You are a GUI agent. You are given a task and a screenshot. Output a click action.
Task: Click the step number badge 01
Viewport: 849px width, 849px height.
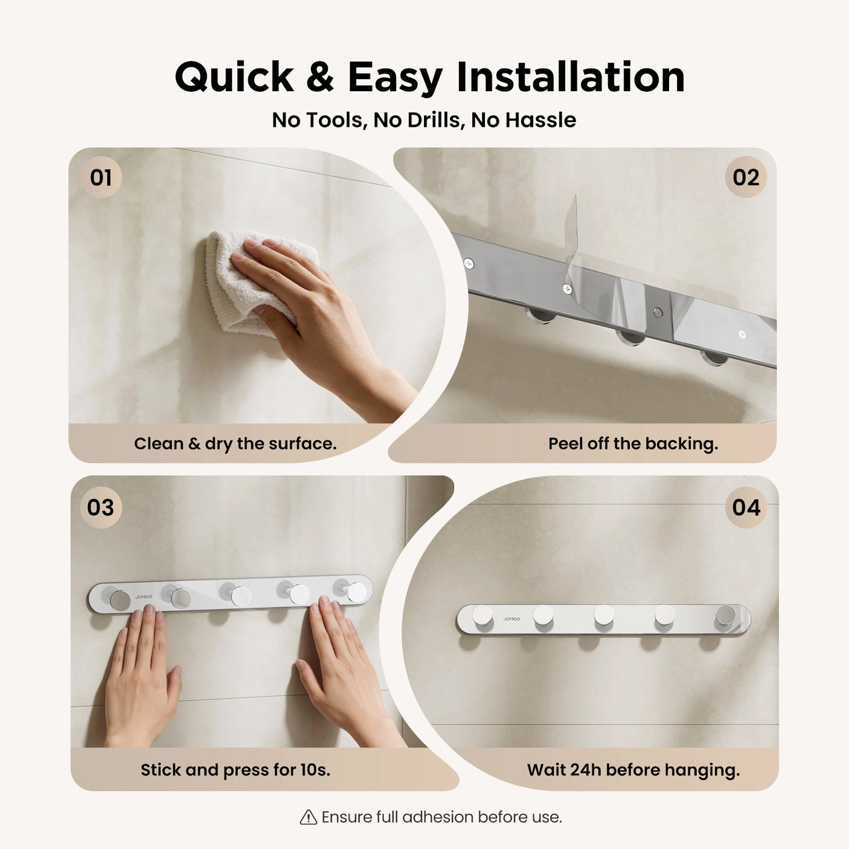pyautogui.click(x=101, y=178)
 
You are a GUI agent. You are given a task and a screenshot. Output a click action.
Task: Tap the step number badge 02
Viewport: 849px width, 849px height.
pyautogui.click(x=746, y=178)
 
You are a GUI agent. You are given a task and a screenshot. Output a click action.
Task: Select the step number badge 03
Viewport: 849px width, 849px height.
pyautogui.click(x=100, y=507)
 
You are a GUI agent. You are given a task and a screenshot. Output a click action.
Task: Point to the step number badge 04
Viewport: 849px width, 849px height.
pyautogui.click(x=746, y=507)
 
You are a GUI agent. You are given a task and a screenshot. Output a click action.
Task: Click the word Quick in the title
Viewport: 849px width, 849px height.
pyautogui.click(x=234, y=77)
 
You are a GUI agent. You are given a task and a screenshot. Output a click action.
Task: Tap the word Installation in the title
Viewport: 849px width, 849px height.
pyautogui.click(x=570, y=77)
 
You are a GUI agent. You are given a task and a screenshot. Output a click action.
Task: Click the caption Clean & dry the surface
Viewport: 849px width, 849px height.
pyautogui.click(x=235, y=444)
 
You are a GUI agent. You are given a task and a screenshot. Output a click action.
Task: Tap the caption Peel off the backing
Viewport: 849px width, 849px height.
pyautogui.click(x=633, y=444)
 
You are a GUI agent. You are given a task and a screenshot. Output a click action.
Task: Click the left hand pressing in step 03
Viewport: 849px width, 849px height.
pyautogui.click(x=142, y=676)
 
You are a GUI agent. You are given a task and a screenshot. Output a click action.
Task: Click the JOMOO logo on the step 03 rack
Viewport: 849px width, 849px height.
pyautogui.click(x=144, y=597)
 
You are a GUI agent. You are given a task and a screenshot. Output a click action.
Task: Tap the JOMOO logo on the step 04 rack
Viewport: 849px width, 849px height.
pyautogui.click(x=511, y=619)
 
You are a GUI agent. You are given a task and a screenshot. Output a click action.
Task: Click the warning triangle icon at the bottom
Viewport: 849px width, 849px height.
pyautogui.click(x=309, y=817)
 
